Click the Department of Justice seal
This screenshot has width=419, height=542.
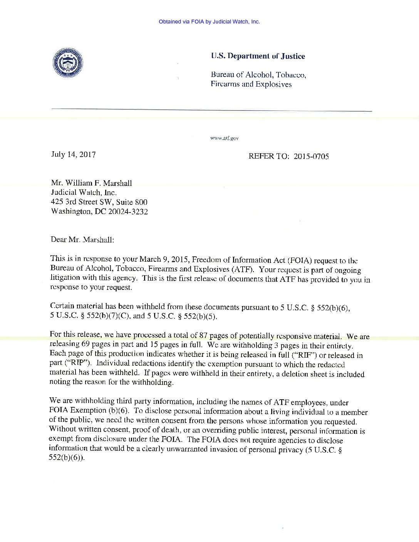click(68, 63)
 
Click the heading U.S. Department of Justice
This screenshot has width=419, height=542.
click(258, 56)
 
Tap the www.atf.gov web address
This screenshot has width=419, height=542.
click(224, 138)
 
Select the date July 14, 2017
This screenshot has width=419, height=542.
click(74, 155)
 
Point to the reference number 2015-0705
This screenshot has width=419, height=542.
click(311, 156)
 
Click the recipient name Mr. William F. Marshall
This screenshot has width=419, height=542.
click(91, 183)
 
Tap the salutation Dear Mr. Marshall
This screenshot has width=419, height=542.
click(82, 239)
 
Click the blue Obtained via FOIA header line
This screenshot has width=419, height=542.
click(209, 22)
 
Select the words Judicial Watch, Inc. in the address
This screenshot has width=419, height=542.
click(84, 192)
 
